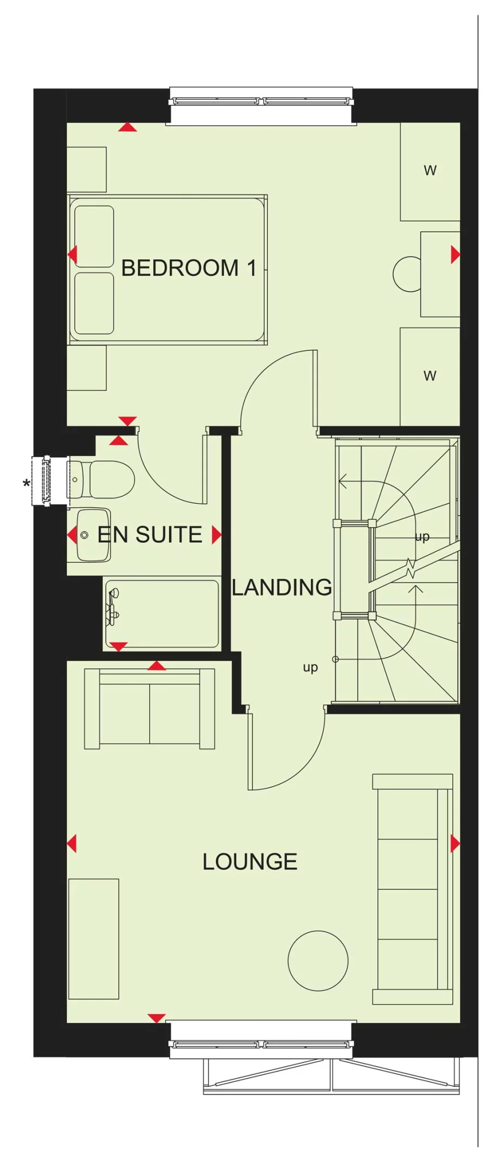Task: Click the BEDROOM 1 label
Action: coord(188,268)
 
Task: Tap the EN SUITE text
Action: coord(149,535)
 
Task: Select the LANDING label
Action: coord(282,587)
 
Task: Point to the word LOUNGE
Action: coord(250,862)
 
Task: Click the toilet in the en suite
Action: coord(103,479)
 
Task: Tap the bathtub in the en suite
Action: coord(162,613)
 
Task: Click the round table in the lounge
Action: coord(318,960)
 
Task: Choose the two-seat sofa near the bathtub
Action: coord(150,709)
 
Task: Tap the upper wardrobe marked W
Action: coord(430,171)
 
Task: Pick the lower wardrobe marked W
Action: coord(430,376)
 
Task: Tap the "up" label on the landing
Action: coord(310,668)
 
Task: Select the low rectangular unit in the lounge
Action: coord(93,939)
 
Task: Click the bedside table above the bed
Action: coord(87,169)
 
